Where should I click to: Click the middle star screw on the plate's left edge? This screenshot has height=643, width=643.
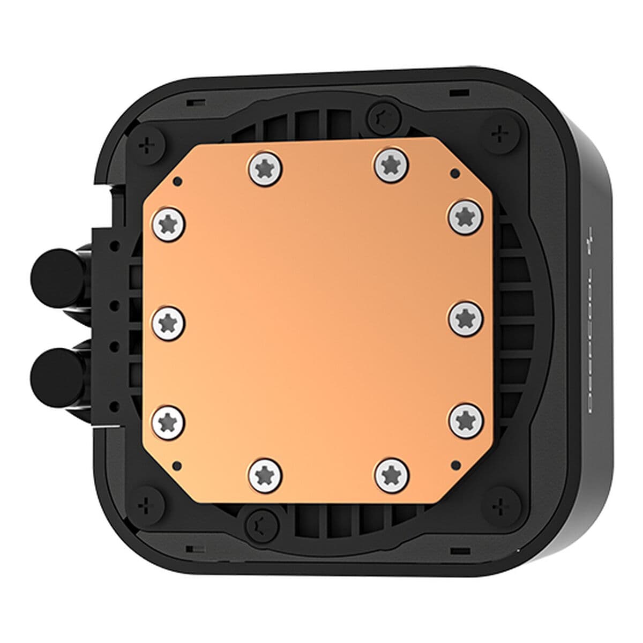(169, 322)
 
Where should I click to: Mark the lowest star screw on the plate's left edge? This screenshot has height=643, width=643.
(169, 420)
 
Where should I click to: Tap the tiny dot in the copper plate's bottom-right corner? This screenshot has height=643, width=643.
(456, 464)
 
